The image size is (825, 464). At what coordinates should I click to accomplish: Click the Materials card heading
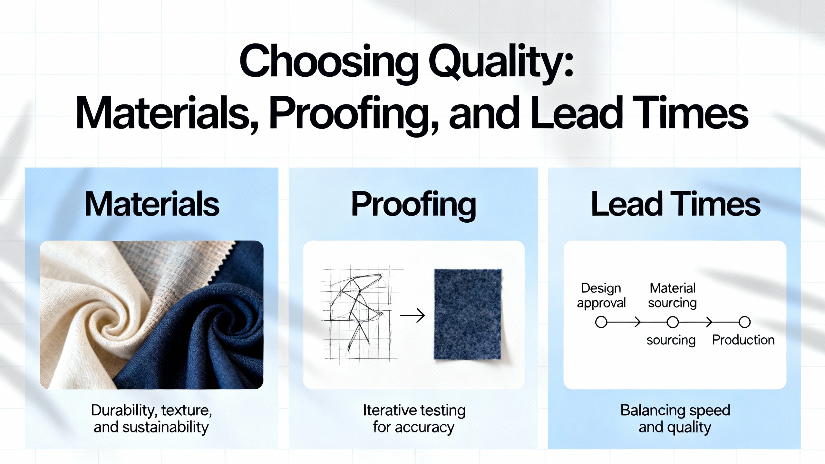(152, 204)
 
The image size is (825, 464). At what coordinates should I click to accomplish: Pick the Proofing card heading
(413, 205)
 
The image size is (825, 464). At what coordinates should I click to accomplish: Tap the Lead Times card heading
(675, 204)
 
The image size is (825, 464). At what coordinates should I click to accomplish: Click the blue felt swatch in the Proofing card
(468, 314)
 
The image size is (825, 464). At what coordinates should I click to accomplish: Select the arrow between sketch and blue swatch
(412, 315)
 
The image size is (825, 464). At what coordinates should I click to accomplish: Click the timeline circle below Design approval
(601, 322)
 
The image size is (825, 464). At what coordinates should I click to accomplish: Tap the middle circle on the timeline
(673, 322)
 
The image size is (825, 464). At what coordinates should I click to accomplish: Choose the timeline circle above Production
(744, 322)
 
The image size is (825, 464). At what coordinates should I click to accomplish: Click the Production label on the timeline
(743, 340)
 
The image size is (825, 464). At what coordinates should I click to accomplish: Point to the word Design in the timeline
(601, 288)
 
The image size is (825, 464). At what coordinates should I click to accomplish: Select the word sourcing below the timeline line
(671, 341)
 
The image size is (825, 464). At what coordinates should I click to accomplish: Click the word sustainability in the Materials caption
(166, 428)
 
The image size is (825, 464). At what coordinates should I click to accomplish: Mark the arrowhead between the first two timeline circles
(637, 322)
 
